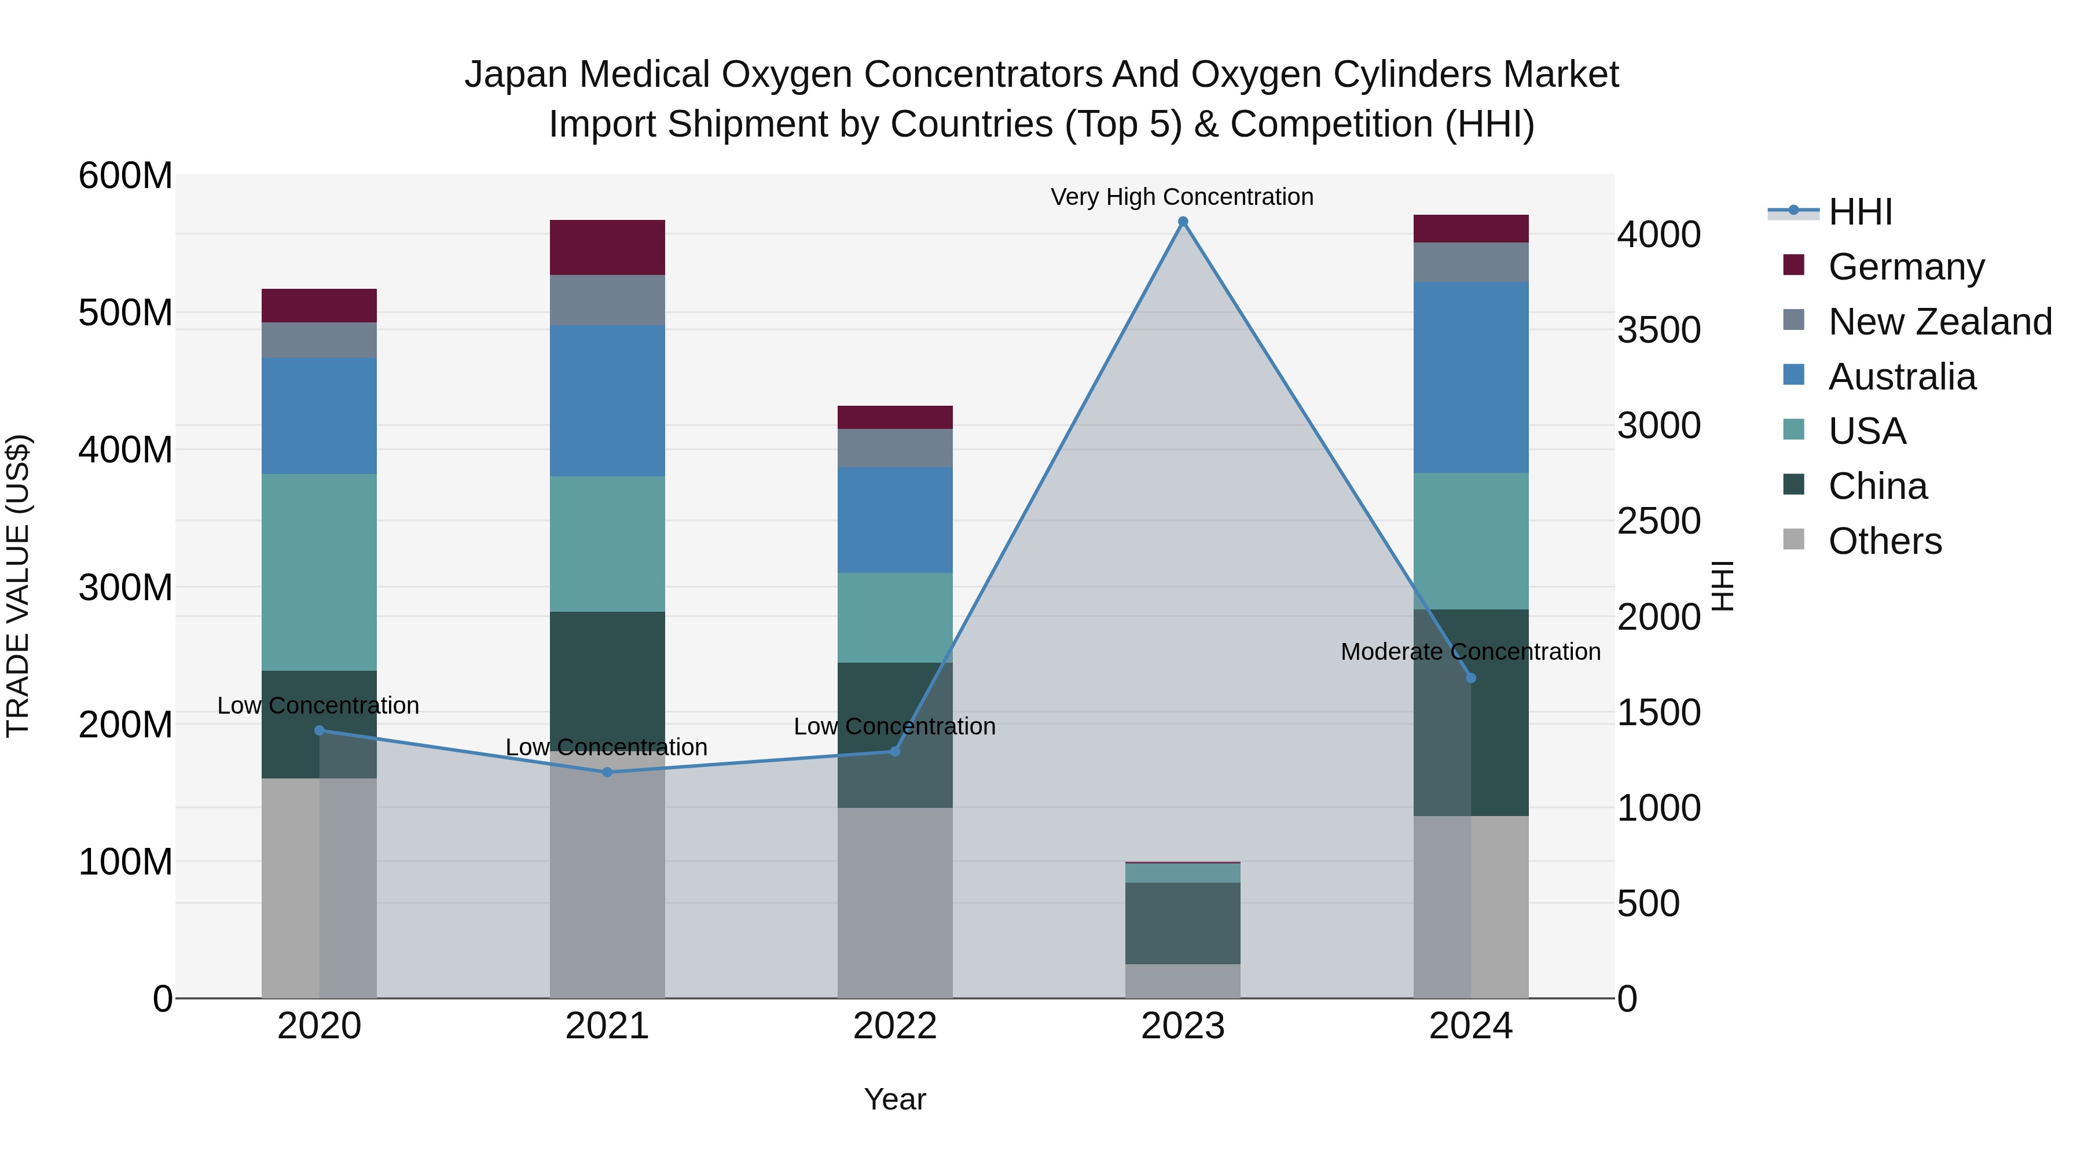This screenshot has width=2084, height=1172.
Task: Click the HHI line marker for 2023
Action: click(x=1183, y=222)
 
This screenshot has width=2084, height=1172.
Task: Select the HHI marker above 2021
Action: click(x=608, y=771)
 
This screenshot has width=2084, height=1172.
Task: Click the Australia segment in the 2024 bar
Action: click(x=1471, y=377)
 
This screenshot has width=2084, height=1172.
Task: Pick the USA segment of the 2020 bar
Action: click(x=319, y=572)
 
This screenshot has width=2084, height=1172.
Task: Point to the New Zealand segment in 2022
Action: click(x=895, y=447)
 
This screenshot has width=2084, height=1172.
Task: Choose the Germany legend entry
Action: click(x=1905, y=267)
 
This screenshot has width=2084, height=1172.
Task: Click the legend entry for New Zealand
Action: click(x=1939, y=322)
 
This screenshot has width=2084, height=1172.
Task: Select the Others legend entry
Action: click(x=1884, y=541)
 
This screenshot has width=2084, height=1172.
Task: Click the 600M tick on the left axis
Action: click(x=126, y=175)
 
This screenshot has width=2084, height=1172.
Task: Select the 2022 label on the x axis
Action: click(x=895, y=1026)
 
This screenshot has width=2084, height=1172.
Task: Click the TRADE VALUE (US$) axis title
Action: click(x=18, y=586)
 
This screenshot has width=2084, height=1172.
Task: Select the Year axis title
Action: click(x=895, y=1099)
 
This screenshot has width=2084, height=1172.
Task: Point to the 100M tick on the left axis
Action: click(x=126, y=862)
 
